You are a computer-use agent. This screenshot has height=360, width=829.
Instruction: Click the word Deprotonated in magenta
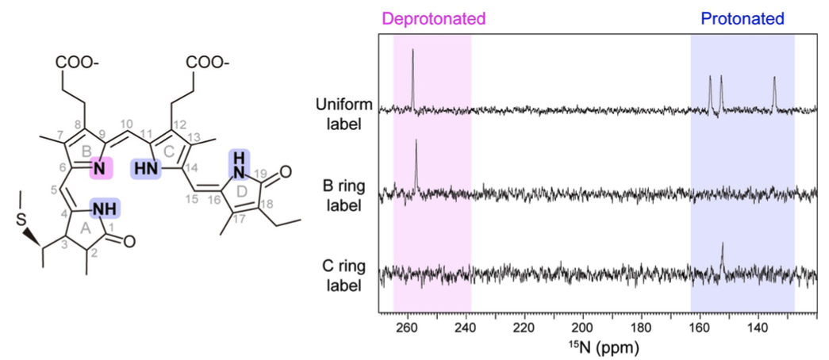tap(433, 17)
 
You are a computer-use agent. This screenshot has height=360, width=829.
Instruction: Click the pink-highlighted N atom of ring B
tap(102, 168)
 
